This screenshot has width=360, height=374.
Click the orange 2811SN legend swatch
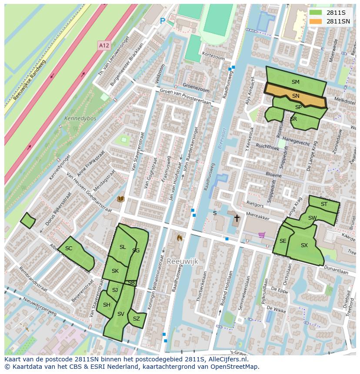pyautogui.click(x=316, y=21)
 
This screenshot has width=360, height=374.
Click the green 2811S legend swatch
pyautogui.click(x=316, y=13)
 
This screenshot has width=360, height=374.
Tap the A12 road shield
pyautogui.click(x=103, y=45)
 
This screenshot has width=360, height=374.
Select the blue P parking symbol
pyautogui.click(x=163, y=21)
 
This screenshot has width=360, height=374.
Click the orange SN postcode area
pyautogui.click(x=296, y=96)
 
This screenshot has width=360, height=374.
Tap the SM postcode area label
pyautogui.click(x=296, y=82)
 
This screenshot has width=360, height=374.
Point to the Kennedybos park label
pyautogui.click(x=80, y=118)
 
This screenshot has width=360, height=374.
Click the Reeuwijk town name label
pyautogui.click(x=182, y=261)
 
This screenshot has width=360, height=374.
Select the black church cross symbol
pyautogui.click(x=237, y=218)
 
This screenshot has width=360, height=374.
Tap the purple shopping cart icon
pyautogui.click(x=261, y=235)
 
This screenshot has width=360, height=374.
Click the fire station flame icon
pyautogui.click(x=179, y=238)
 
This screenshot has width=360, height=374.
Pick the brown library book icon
pyautogui.click(x=121, y=199)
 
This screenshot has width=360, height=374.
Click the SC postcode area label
pyautogui.click(x=69, y=248)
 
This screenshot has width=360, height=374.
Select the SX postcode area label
pyautogui.click(x=304, y=245)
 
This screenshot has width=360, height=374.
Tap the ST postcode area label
pyautogui.click(x=324, y=204)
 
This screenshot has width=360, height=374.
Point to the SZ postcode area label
pyautogui.click(x=137, y=319)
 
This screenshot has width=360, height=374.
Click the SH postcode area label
pyautogui.click(x=107, y=305)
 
